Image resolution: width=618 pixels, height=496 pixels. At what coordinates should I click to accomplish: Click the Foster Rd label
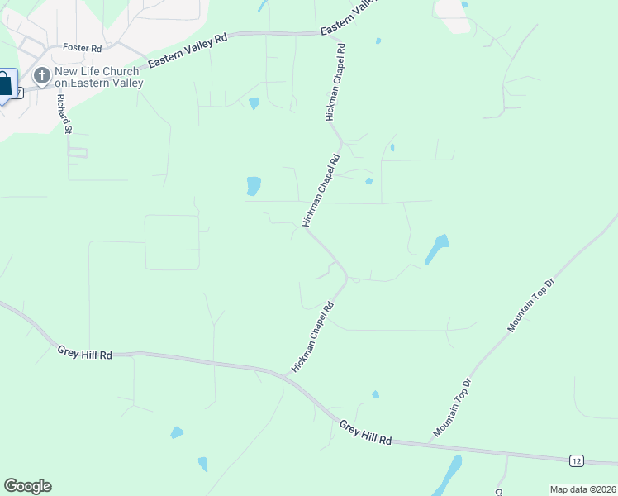81,48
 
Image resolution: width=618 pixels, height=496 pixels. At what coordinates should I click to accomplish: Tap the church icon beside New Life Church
40,77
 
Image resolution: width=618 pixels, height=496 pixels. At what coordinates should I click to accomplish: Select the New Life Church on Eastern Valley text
98,77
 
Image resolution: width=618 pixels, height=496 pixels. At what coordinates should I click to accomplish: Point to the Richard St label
64,113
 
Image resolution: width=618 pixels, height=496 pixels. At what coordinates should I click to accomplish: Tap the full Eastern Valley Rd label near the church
187,51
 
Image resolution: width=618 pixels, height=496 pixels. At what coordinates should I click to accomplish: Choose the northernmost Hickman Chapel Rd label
337,83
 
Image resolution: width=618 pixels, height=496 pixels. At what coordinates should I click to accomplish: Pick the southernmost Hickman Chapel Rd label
312,336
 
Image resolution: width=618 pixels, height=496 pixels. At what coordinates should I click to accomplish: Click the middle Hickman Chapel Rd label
321,191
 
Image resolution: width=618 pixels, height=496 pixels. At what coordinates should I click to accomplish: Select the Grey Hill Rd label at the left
84,353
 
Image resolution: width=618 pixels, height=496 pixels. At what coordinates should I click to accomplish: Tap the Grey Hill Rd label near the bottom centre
365,431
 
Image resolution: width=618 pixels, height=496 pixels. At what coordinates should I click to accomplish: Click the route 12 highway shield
577,460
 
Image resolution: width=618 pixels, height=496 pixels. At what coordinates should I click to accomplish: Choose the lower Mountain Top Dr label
451,408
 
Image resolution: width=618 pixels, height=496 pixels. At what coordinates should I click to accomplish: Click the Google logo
27,486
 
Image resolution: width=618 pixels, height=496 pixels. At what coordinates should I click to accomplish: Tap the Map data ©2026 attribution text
582,489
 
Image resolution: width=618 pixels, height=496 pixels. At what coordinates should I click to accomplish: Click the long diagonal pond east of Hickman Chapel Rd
437,249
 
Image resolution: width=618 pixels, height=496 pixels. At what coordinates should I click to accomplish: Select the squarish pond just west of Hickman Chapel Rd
254,186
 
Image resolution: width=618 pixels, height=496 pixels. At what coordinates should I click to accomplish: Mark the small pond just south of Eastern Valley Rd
254,103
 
